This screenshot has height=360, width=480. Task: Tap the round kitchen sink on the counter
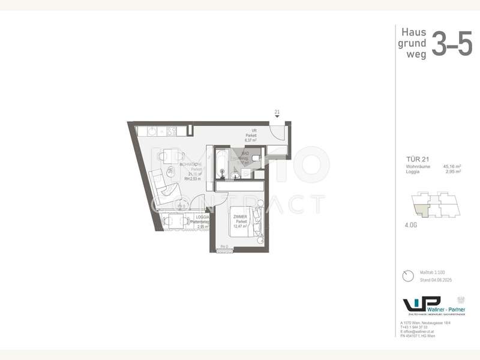[x=151, y=130]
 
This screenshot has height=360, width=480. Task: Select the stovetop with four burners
[x=170, y=130]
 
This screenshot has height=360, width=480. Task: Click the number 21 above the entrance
[x=277, y=112]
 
